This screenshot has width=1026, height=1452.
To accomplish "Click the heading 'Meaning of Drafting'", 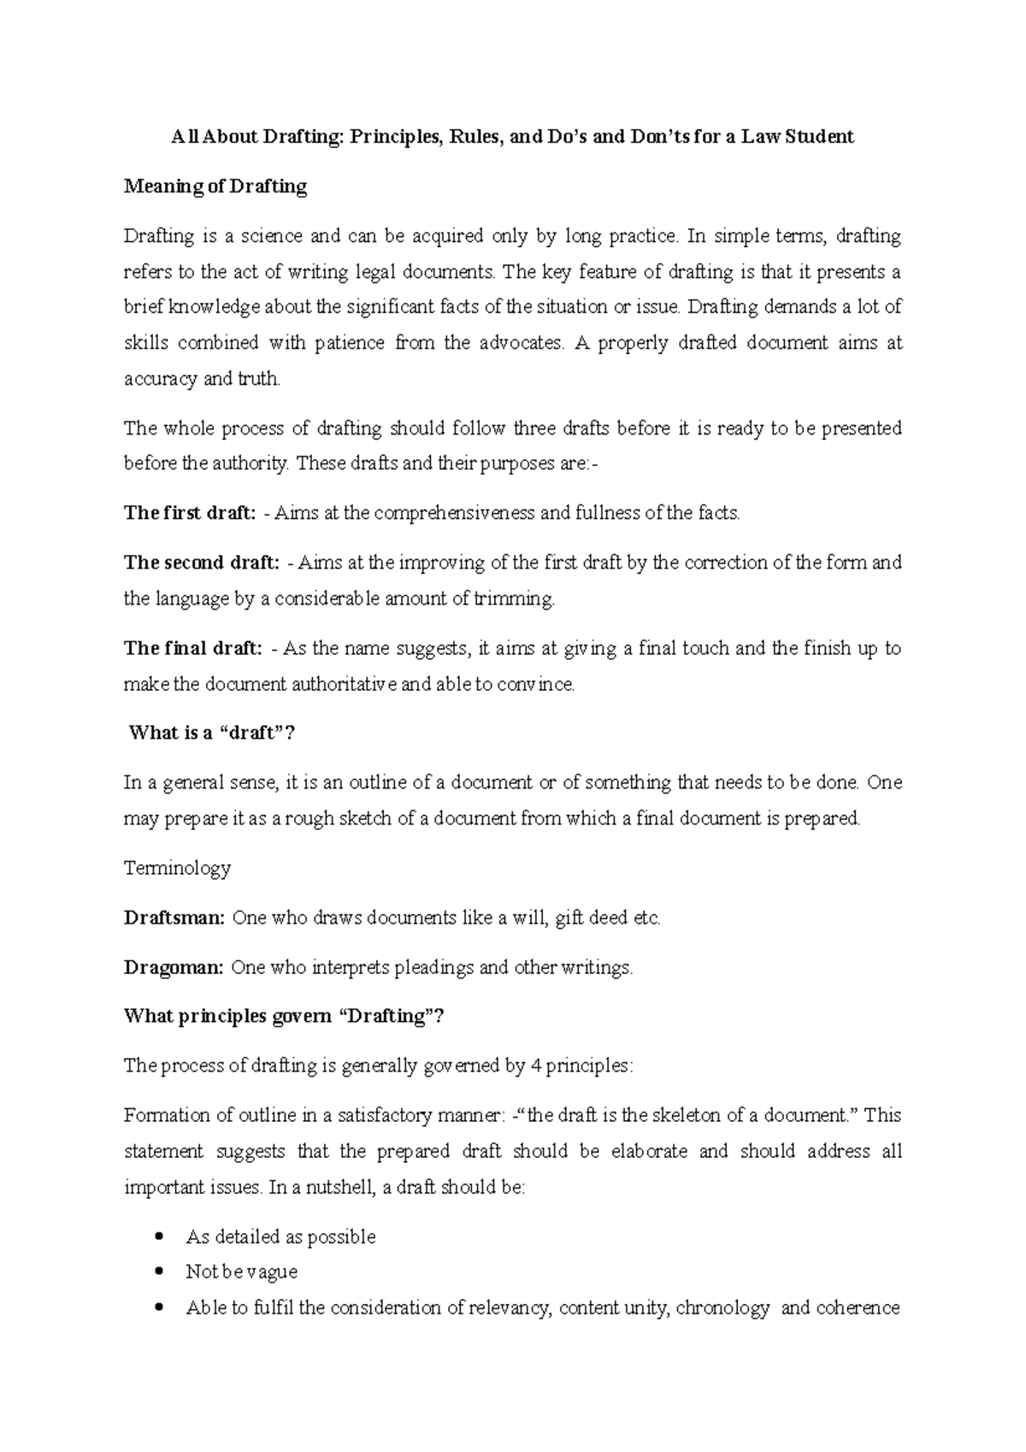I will tap(215, 186).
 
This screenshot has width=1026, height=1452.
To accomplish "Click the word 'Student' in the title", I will tap(819, 137).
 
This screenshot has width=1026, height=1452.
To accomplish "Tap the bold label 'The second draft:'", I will tap(201, 563).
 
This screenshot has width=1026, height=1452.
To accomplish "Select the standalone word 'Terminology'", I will tap(178, 868).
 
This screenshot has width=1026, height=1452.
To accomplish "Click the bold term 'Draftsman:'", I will tap(174, 918).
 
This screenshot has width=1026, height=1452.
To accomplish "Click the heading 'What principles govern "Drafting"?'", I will tap(285, 1017).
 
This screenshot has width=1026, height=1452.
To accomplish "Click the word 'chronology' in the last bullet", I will tap(722, 1307).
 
